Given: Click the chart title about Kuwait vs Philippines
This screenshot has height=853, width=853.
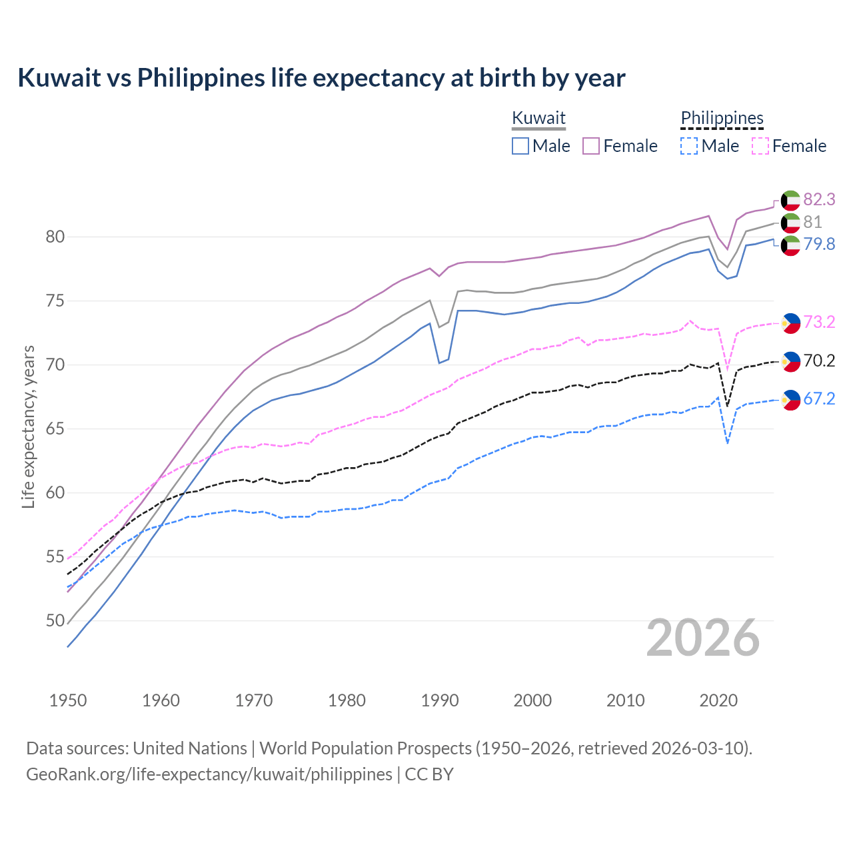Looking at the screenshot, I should click(321, 78).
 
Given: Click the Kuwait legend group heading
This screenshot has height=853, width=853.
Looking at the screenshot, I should click(538, 118).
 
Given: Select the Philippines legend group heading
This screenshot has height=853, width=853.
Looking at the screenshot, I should click(722, 118).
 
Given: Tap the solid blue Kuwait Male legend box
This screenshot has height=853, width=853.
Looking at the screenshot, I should click(520, 146).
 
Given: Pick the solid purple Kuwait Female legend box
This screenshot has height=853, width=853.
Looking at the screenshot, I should click(591, 146).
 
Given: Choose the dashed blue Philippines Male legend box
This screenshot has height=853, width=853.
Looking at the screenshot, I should click(689, 146).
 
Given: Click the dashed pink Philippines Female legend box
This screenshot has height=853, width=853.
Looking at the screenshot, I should click(760, 146).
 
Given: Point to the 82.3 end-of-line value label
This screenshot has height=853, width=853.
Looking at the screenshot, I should click(819, 199).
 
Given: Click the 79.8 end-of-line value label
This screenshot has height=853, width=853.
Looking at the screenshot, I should click(819, 244).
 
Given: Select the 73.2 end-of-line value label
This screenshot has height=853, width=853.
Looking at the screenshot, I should click(819, 322).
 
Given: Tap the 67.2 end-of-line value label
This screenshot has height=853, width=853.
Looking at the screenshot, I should click(819, 399).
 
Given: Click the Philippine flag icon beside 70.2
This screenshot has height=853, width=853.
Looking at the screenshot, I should click(790, 361).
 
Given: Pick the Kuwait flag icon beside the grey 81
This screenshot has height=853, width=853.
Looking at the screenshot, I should click(790, 223).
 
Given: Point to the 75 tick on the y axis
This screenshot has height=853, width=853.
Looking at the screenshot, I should click(55, 301).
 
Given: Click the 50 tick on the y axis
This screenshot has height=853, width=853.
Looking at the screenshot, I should click(55, 620).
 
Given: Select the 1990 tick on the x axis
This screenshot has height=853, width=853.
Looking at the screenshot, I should click(440, 700).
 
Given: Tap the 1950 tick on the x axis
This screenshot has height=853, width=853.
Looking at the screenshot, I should click(68, 700).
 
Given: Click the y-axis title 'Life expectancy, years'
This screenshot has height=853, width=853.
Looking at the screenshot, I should click(28, 426).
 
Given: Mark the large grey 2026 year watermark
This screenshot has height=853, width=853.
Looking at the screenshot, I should click(703, 638).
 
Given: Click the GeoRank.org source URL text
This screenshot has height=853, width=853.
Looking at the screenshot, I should click(209, 774).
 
